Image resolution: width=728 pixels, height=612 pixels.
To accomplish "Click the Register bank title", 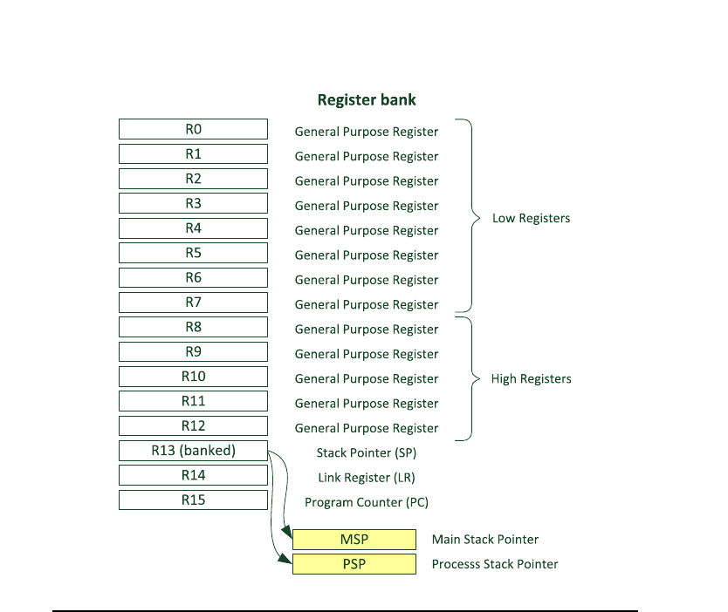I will click(x=367, y=99).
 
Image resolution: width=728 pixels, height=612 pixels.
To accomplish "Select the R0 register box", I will click(x=193, y=129).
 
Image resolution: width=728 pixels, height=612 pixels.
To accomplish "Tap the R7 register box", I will click(x=193, y=303).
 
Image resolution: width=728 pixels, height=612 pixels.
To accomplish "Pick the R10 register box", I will click(x=193, y=377).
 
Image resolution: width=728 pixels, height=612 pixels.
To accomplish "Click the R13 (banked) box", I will click(x=193, y=451).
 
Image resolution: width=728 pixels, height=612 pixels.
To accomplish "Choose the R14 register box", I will click(x=193, y=475).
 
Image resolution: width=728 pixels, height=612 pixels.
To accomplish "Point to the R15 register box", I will click(x=193, y=500).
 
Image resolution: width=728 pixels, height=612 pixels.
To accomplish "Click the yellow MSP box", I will click(x=354, y=540).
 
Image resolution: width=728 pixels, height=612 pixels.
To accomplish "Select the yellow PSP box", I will click(x=354, y=564).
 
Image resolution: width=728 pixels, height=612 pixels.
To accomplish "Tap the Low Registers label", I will click(x=531, y=218).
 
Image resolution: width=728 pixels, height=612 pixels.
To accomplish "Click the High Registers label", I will click(x=531, y=379).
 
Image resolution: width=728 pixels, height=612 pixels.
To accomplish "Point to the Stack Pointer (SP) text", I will click(x=367, y=453).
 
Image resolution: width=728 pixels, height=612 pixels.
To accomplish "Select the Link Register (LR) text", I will click(x=367, y=478).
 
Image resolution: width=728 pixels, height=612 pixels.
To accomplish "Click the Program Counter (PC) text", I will click(x=367, y=502).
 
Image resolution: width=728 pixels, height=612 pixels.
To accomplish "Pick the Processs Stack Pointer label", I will click(x=495, y=564).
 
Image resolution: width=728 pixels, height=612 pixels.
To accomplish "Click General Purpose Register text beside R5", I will click(x=367, y=255).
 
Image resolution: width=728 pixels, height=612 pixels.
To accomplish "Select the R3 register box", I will click(x=193, y=203).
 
